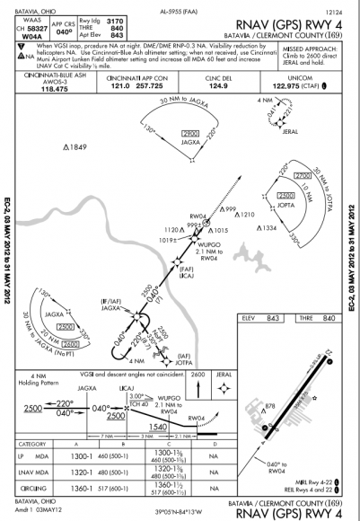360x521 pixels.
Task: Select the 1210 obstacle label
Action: coord(248,215)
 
